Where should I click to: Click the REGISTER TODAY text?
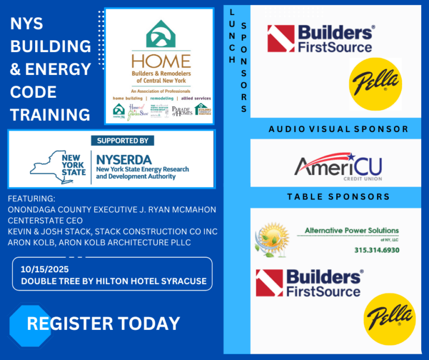(103, 323)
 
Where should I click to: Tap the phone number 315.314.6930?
(376, 250)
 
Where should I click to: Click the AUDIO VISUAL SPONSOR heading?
(338, 129)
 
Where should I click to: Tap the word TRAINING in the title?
(50, 115)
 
